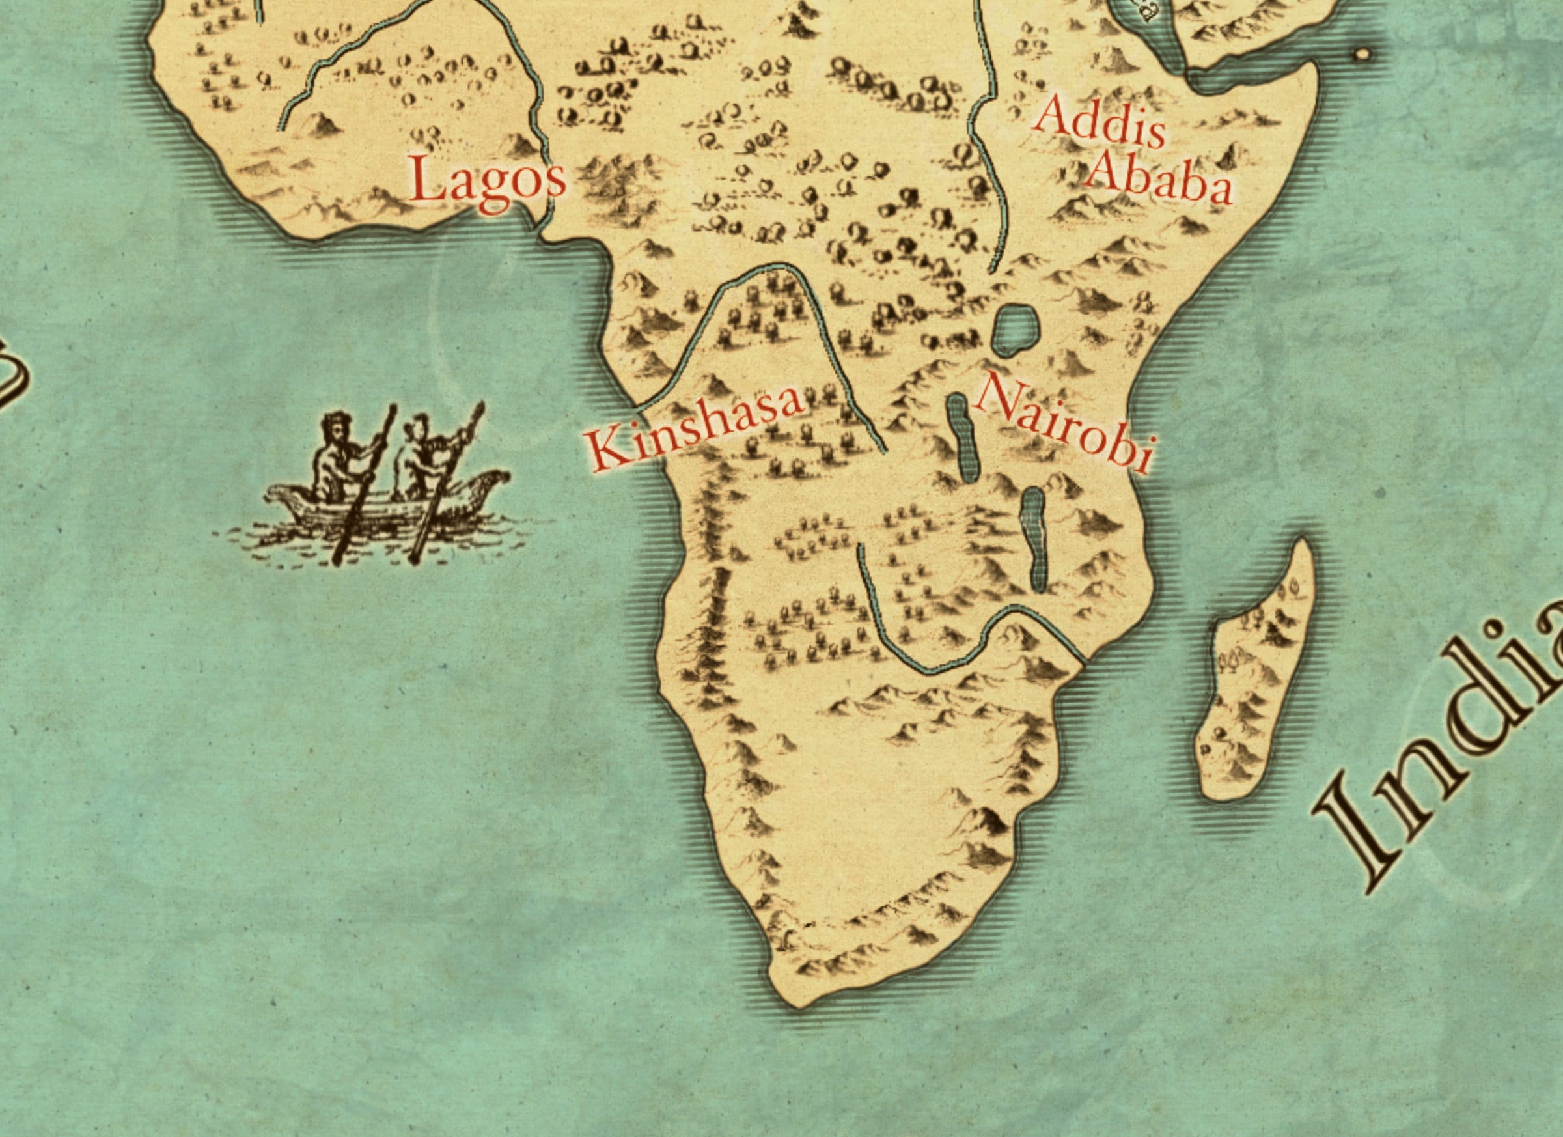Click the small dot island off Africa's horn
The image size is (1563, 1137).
click(x=1362, y=54)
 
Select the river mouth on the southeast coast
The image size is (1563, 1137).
click(x=1082, y=664)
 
